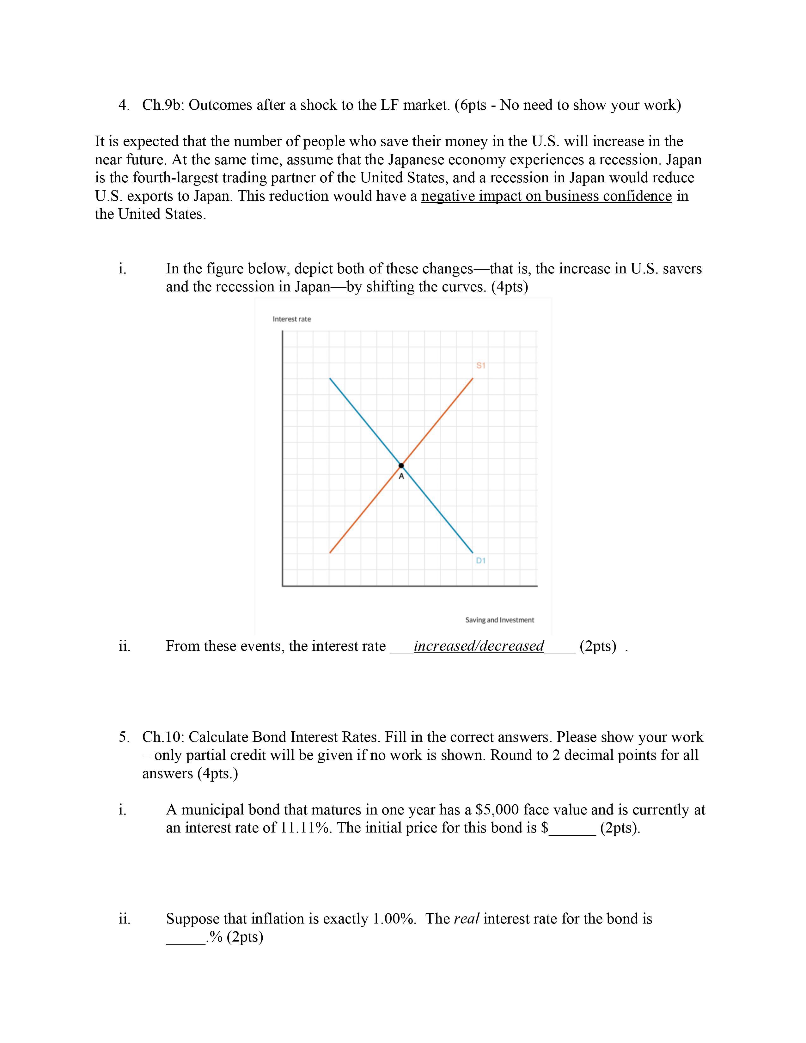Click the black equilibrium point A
401,466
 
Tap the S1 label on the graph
481,365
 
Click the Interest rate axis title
291,319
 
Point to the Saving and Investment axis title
499,620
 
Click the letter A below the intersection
401,477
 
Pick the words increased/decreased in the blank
479,646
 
